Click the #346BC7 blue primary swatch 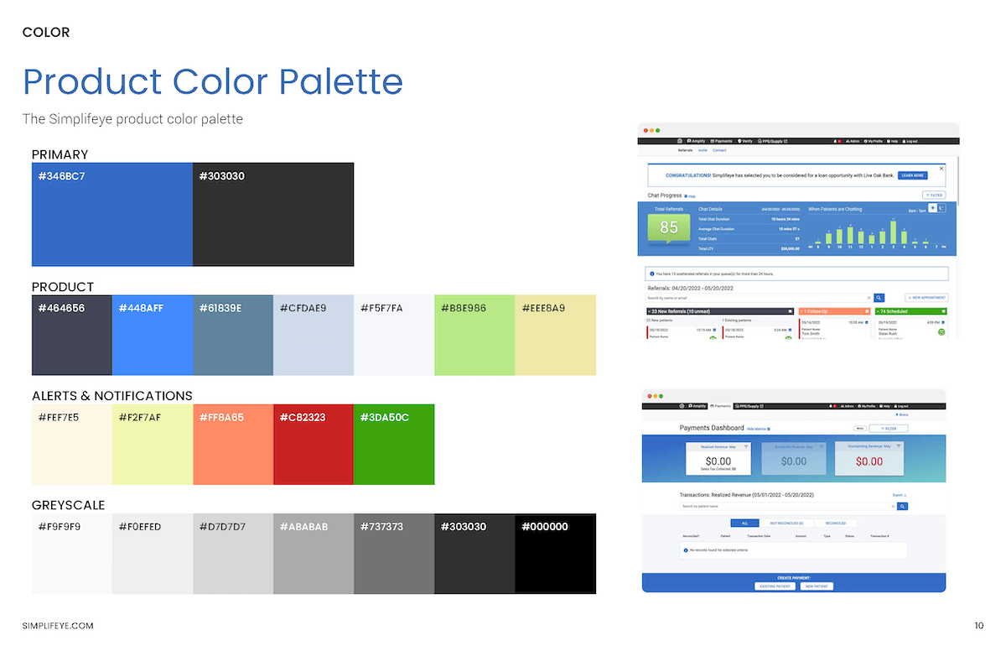click(x=111, y=215)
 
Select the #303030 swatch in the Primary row click(x=273, y=215)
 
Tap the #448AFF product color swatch click(x=152, y=336)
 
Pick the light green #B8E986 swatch click(x=474, y=336)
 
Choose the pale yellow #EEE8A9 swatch click(x=555, y=336)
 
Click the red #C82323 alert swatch click(x=313, y=445)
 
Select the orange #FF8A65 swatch click(x=232, y=445)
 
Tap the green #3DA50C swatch click(x=393, y=445)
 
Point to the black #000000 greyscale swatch click(x=555, y=554)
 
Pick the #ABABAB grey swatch click(x=313, y=554)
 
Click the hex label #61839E click(x=220, y=308)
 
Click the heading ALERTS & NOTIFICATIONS click(x=111, y=395)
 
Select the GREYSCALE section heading click(x=68, y=505)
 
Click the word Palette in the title click(x=340, y=81)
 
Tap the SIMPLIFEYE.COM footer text click(x=58, y=626)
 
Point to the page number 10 click(x=978, y=626)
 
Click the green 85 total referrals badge click(x=669, y=227)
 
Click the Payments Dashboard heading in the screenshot click(x=711, y=428)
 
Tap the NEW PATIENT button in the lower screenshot click(x=816, y=586)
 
